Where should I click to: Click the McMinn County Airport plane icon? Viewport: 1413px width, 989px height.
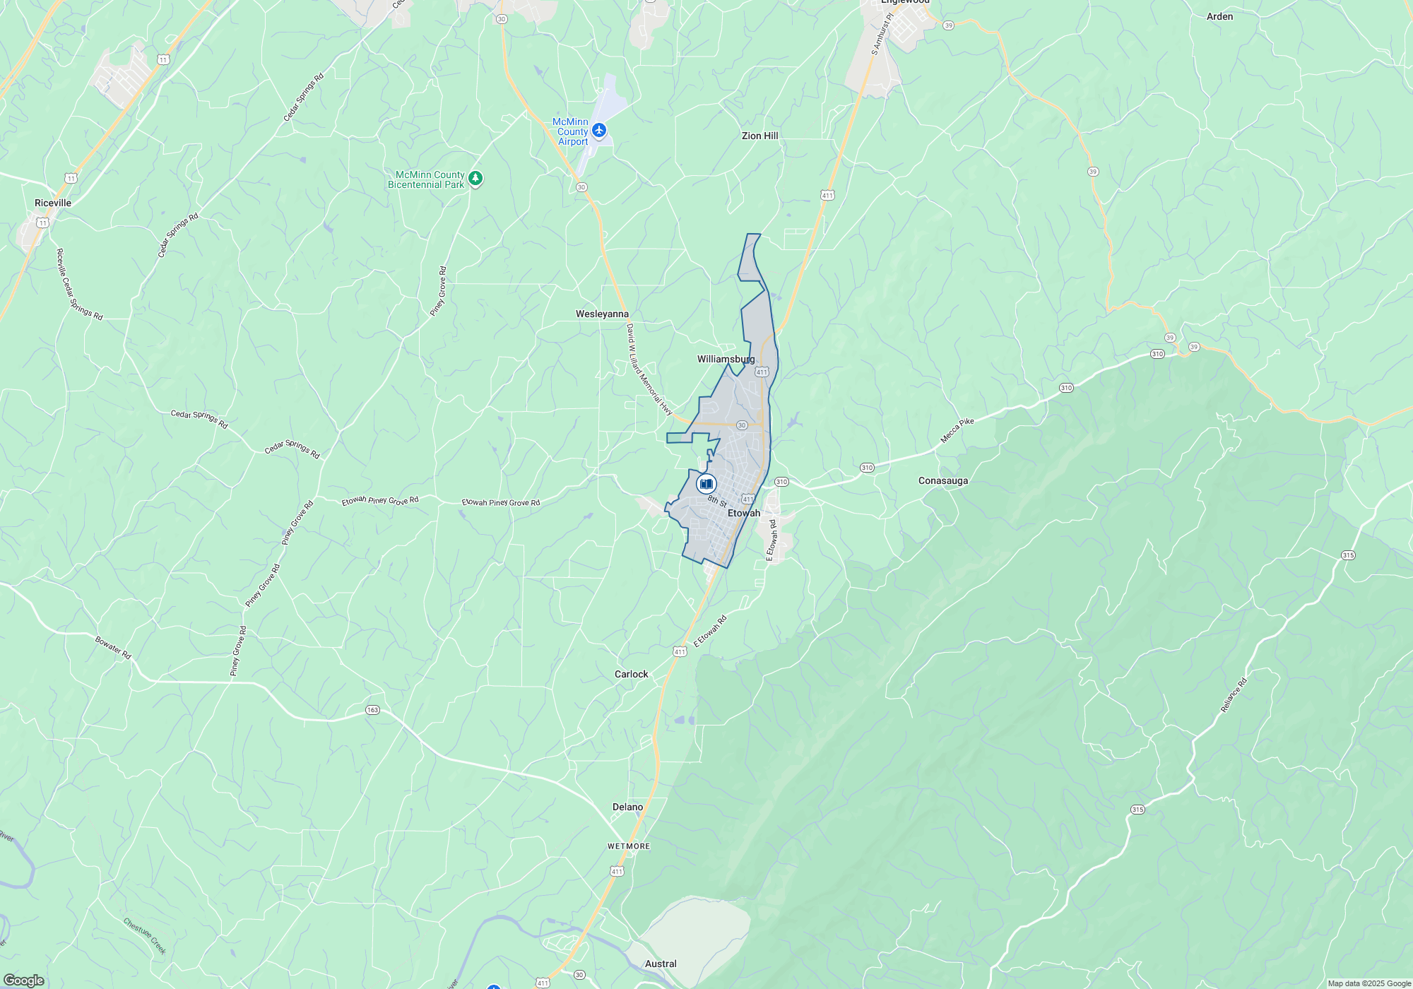(x=599, y=130)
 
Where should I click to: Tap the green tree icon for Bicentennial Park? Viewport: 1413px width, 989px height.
(x=475, y=178)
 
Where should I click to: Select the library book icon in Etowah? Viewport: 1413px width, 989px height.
(x=706, y=484)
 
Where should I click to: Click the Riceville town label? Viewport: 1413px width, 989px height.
(x=53, y=203)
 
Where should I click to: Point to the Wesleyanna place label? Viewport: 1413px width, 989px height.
(x=602, y=314)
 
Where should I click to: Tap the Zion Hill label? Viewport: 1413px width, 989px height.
(x=759, y=136)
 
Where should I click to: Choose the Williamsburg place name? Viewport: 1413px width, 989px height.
(x=726, y=359)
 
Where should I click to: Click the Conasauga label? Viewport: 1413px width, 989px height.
(x=942, y=480)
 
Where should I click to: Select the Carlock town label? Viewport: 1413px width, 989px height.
(x=631, y=674)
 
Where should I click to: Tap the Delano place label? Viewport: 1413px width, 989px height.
(x=627, y=807)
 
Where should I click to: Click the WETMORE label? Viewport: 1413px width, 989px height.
(x=628, y=846)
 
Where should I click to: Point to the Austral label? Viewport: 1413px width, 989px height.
(x=661, y=964)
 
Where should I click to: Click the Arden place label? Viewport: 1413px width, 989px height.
(x=1219, y=16)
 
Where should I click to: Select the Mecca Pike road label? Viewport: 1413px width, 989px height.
(x=957, y=430)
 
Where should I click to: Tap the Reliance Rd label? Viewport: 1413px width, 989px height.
(x=1234, y=694)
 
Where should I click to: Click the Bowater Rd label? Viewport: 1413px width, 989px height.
(x=113, y=648)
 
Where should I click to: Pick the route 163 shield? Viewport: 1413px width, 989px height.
(x=372, y=710)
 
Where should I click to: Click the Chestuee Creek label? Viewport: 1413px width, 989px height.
(x=145, y=936)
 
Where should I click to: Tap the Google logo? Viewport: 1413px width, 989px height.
(x=24, y=980)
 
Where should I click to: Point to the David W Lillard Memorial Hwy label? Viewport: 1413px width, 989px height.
(x=649, y=369)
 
